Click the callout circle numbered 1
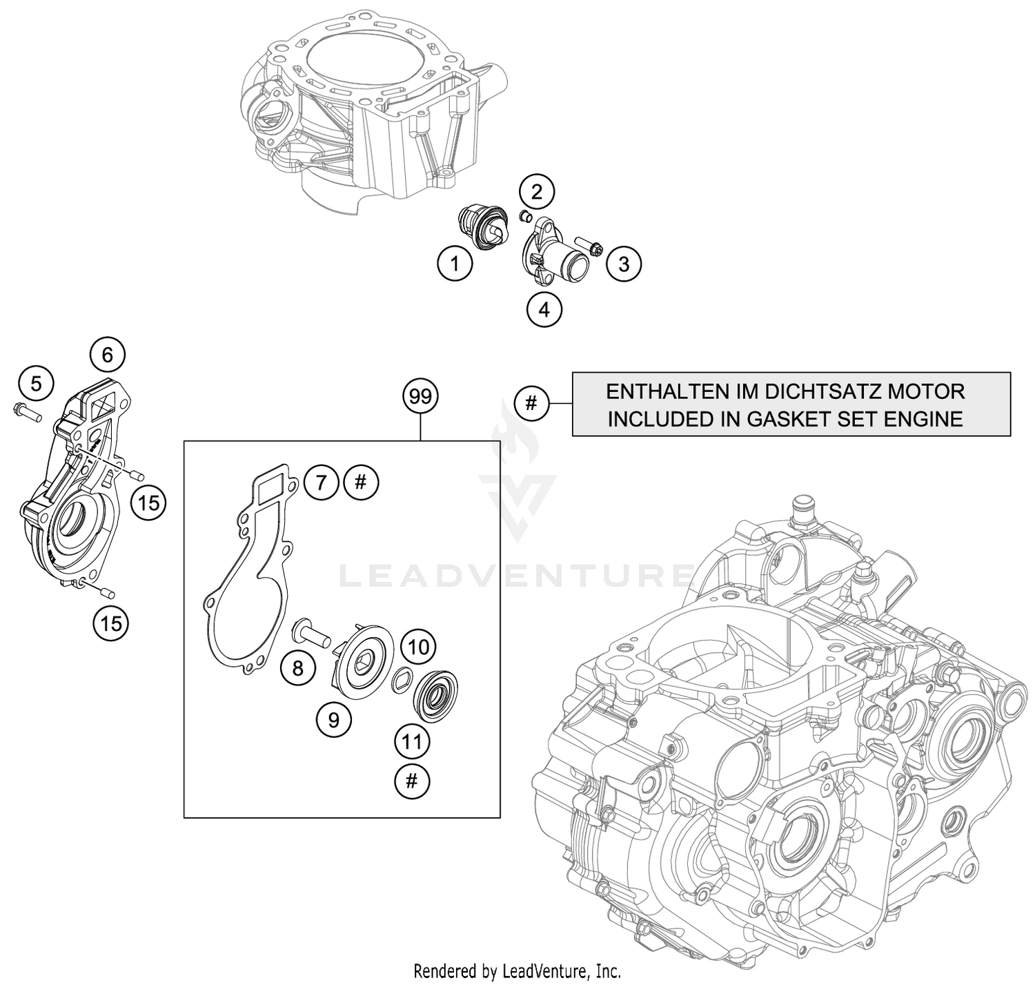(x=454, y=263)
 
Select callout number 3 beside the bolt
(x=623, y=264)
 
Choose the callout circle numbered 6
(x=107, y=355)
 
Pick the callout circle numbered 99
(x=420, y=396)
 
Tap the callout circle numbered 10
(x=418, y=647)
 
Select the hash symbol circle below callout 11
(x=412, y=781)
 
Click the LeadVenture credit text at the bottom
(x=517, y=971)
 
